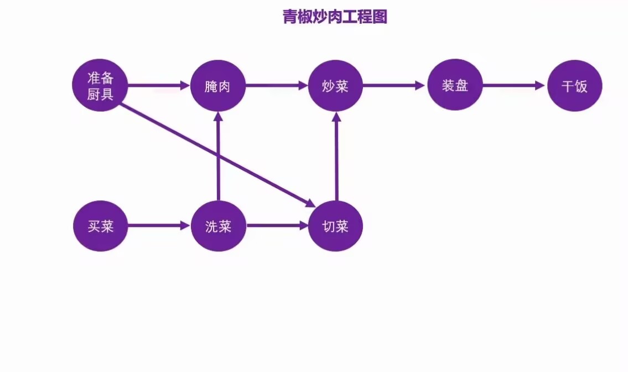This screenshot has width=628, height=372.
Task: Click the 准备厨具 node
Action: tap(100, 85)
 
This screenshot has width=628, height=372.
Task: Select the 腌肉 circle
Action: tap(218, 86)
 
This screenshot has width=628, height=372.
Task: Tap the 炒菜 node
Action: tap(335, 86)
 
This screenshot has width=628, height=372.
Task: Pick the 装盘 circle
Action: tap(455, 85)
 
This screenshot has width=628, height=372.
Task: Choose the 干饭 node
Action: tap(574, 86)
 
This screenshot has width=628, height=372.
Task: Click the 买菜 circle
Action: tap(100, 226)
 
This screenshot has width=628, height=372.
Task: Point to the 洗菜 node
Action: tap(218, 226)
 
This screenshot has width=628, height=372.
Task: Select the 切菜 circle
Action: tap(335, 226)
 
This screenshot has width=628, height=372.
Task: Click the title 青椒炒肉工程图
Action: tap(335, 17)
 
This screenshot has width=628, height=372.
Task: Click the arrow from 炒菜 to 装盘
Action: tap(395, 86)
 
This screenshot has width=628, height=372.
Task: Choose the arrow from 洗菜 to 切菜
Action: tap(277, 226)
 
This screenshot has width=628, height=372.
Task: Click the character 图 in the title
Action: tap(380, 17)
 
